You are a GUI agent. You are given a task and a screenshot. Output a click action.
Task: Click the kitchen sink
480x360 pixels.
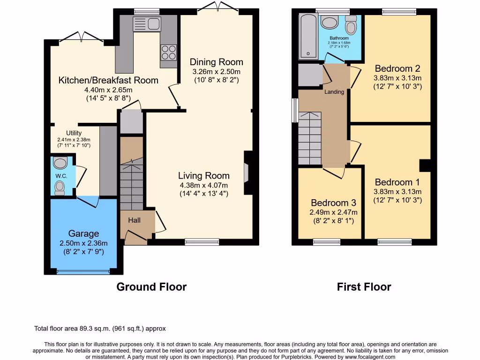click(146, 24)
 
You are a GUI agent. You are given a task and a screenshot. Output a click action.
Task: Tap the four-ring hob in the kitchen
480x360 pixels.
click(169, 52)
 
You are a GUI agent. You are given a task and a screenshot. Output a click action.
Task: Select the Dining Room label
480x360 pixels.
click(216, 62)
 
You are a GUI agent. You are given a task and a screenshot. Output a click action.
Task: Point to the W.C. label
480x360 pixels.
click(61, 176)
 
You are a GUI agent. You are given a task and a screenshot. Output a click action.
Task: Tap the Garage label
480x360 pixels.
click(83, 233)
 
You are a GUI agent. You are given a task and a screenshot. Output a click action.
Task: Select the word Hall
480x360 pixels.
click(135, 220)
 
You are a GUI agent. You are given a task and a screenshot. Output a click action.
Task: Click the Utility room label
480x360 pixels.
click(74, 133)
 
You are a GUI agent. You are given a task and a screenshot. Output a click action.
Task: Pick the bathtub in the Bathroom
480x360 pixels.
click(308, 36)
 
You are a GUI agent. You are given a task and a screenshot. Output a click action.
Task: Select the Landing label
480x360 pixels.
click(334, 92)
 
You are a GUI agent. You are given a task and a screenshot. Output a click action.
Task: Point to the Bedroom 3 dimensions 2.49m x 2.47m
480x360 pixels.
click(333, 212)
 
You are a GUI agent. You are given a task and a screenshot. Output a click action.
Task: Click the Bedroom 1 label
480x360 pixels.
click(397, 182)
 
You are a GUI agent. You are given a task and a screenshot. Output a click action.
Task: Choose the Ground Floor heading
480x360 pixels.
click(151, 287)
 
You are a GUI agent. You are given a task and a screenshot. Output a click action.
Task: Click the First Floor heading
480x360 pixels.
click(364, 287)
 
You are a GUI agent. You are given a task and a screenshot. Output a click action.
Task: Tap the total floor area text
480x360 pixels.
click(100, 329)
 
